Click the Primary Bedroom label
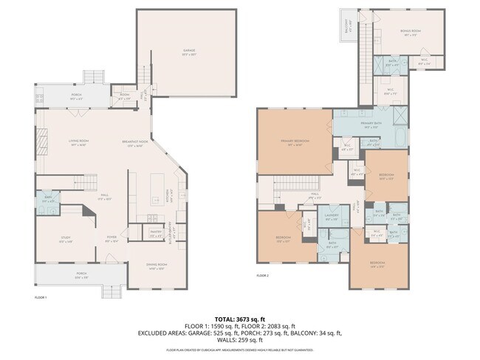point(294,144)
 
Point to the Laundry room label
point(331,218)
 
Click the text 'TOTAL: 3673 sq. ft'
point(240,319)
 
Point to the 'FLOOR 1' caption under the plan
point(41,297)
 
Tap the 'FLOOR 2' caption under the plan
point(263,275)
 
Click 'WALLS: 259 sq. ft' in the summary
point(240,340)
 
